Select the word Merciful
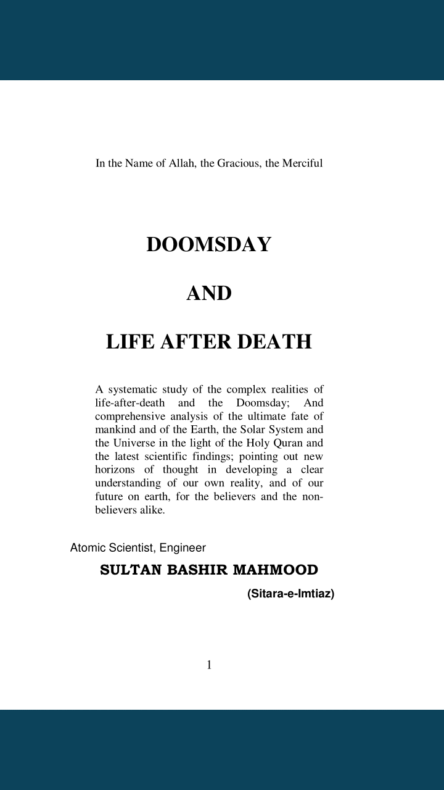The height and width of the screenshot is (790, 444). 303,164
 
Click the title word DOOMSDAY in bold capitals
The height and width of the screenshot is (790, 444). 209,244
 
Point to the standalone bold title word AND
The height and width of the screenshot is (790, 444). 209,293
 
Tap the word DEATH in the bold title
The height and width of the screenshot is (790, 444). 275,341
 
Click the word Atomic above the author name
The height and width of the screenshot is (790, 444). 88,547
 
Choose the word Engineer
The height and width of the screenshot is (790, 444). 183,547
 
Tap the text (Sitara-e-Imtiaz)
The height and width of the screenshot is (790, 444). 290,594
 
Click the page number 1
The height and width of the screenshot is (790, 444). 209,665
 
